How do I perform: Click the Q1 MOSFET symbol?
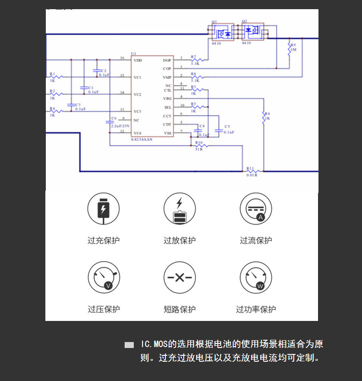coord(221,33)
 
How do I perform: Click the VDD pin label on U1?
coord(137,60)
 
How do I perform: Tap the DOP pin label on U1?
coord(167,60)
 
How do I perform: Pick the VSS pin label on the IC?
coord(168,133)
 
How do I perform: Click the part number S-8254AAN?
coord(142,139)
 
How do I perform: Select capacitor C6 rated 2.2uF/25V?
coord(109,122)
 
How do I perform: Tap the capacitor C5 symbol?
coord(219,131)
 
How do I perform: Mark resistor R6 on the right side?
coord(263,117)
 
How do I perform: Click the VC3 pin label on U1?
coord(137,111)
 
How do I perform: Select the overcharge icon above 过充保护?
coord(104,209)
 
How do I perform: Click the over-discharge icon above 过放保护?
coord(180,209)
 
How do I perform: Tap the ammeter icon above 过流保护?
coord(256,209)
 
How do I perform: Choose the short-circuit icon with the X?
coord(180,278)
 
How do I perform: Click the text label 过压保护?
coord(104,309)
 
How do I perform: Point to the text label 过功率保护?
coord(256,309)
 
